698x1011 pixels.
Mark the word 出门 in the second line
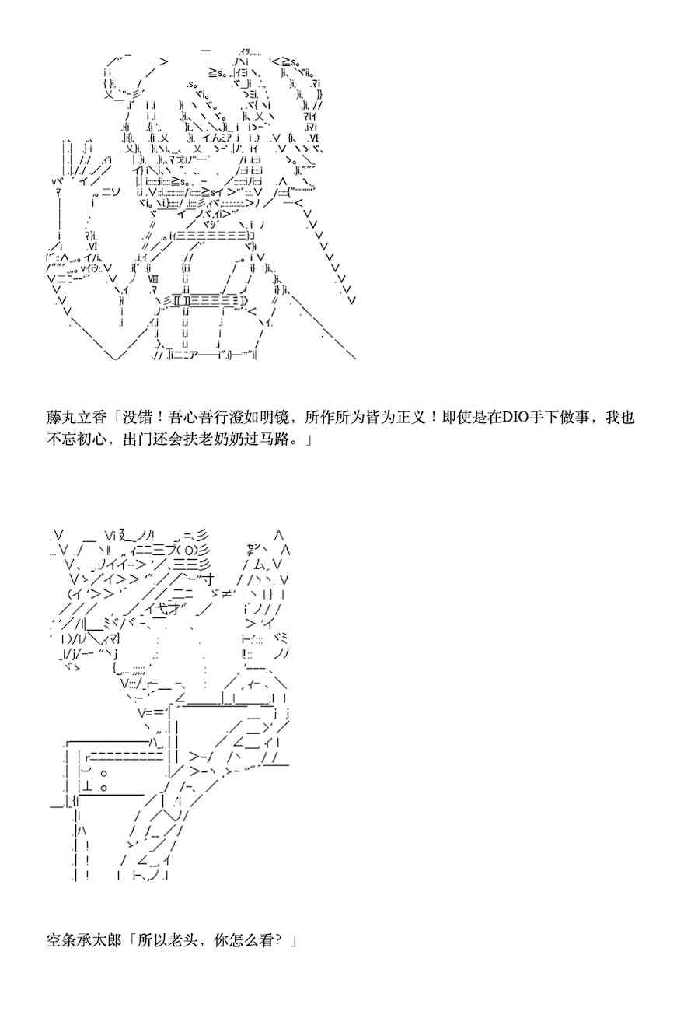pyautogui.click(x=138, y=439)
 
